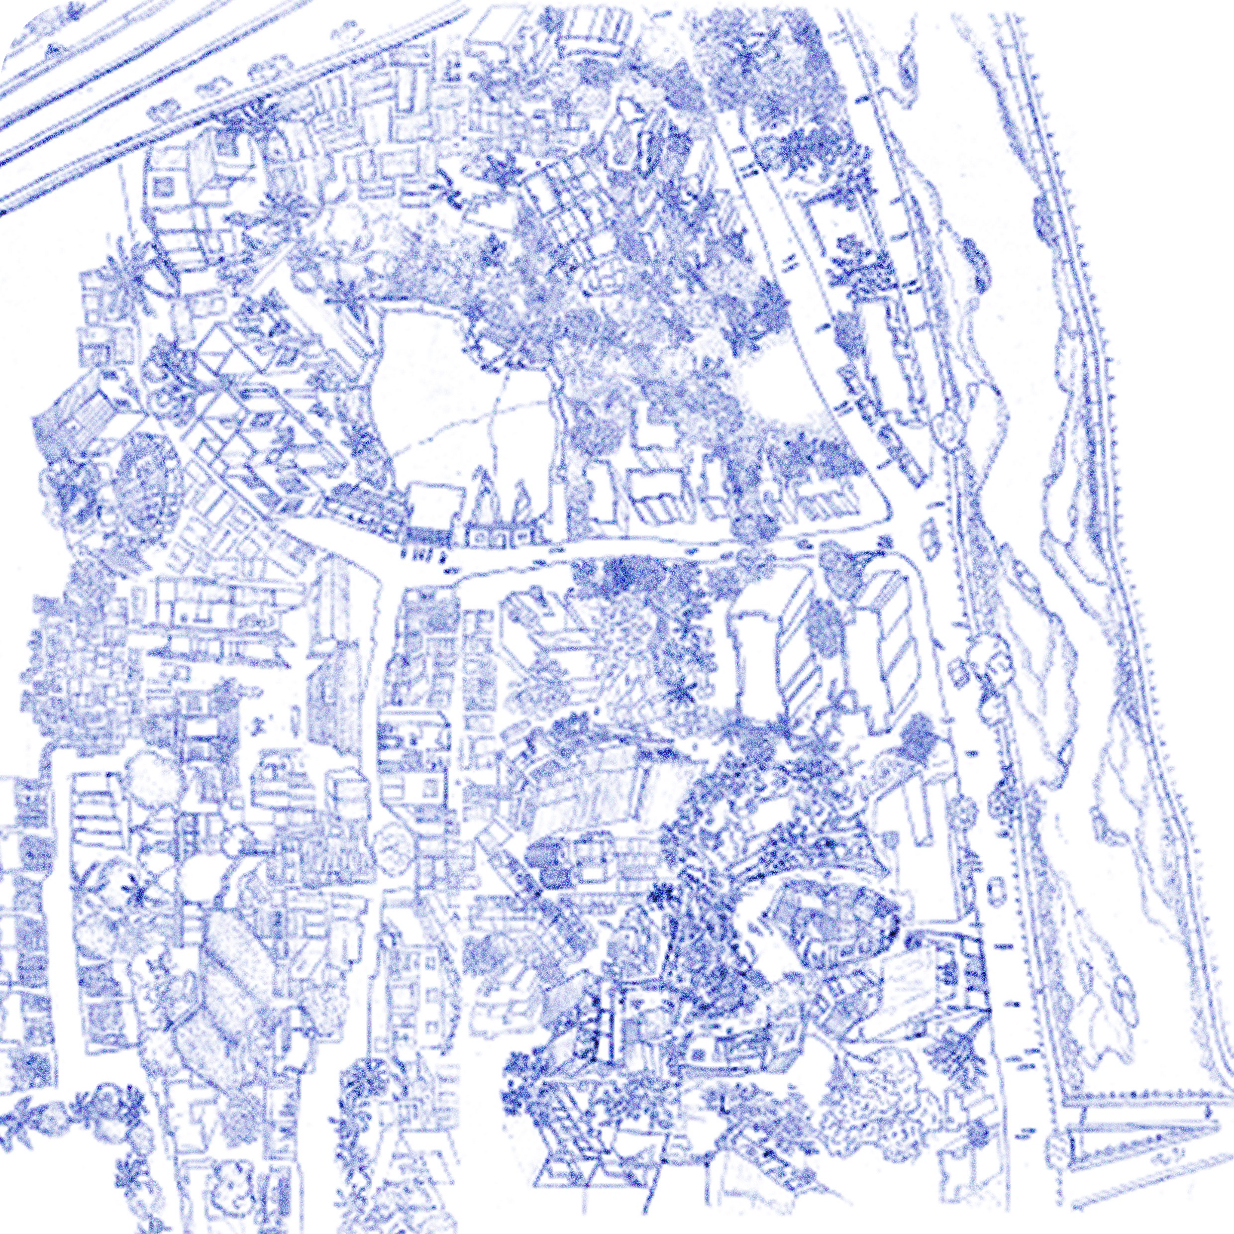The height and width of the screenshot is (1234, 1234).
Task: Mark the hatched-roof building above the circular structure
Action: (x=83, y=409)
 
